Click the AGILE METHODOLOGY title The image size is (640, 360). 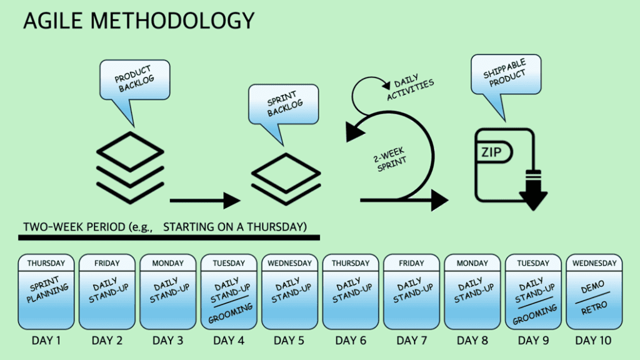(x=139, y=21)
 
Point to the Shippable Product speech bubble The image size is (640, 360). (x=506, y=75)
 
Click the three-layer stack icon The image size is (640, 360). (x=131, y=167)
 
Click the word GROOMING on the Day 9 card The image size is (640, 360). (x=534, y=313)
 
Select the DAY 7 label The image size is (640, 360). (x=411, y=341)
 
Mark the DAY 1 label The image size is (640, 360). (x=46, y=341)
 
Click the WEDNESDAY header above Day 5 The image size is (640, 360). (x=289, y=263)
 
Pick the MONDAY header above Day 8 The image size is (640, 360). (x=472, y=263)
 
